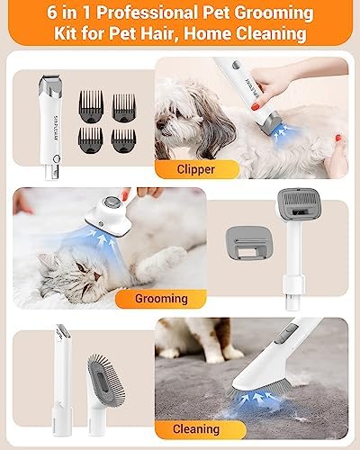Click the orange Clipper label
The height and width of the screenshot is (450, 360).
[x=196, y=169]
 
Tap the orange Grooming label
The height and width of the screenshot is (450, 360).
[x=161, y=299]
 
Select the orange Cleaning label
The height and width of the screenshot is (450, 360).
[x=196, y=429]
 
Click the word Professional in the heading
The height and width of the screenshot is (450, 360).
[x=147, y=13]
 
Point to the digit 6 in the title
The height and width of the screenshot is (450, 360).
[x=52, y=13]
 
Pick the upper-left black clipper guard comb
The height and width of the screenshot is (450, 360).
[x=91, y=107]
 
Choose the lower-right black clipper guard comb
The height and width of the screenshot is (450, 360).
[x=123, y=141]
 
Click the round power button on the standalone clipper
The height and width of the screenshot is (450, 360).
[x=57, y=158]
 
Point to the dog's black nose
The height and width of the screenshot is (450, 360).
[x=159, y=124]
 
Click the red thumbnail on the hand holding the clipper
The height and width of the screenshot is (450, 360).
[x=256, y=106]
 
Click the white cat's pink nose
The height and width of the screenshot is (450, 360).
[x=96, y=276]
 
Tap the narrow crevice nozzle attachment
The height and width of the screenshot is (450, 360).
[x=62, y=380]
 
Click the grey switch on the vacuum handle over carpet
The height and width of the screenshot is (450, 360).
[x=283, y=333]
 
